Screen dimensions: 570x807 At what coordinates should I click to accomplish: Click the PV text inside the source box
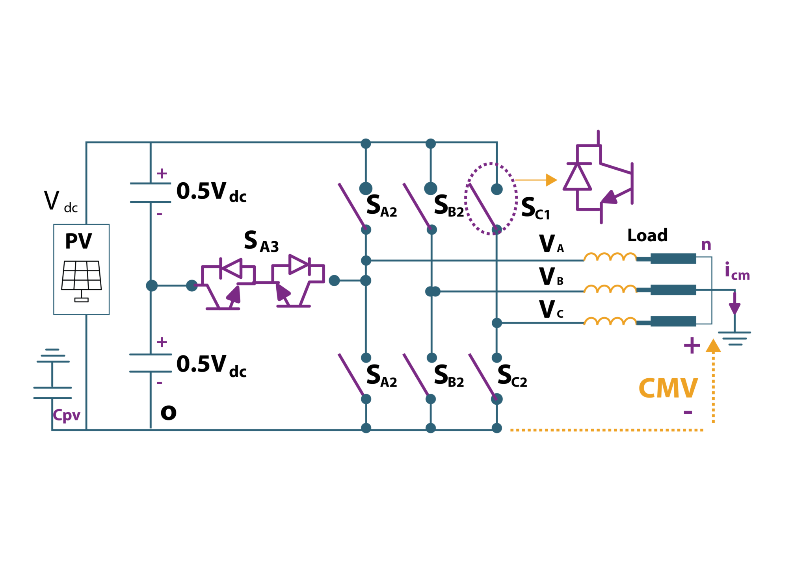[x=78, y=241]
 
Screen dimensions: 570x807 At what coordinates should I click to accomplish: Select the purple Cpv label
[x=67, y=415]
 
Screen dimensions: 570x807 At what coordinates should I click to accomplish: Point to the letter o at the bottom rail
[x=168, y=412]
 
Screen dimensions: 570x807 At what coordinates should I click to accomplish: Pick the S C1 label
[x=535, y=209]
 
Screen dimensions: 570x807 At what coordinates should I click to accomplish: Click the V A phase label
[x=551, y=244]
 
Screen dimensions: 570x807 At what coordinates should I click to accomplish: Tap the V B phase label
[x=551, y=277]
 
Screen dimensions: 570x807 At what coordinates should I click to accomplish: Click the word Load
[x=647, y=235]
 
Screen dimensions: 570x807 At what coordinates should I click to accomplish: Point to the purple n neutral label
[x=706, y=245]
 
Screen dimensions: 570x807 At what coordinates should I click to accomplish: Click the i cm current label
[x=737, y=272]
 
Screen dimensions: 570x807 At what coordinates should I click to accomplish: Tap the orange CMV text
[x=668, y=389]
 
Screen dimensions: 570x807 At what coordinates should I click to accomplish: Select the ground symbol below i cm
[x=734, y=338]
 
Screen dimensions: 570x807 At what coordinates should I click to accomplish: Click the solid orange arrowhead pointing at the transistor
[x=551, y=180]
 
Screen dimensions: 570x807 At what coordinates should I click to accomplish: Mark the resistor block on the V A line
[x=673, y=259]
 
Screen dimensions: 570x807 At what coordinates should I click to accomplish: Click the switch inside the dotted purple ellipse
[x=483, y=207]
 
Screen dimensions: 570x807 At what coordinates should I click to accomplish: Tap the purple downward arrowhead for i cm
[x=734, y=308]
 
